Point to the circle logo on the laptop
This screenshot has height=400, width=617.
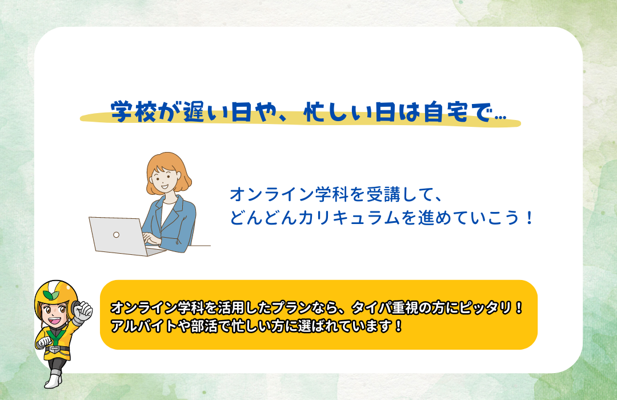pos(116,235)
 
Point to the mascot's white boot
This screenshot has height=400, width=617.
pos(53,381)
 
